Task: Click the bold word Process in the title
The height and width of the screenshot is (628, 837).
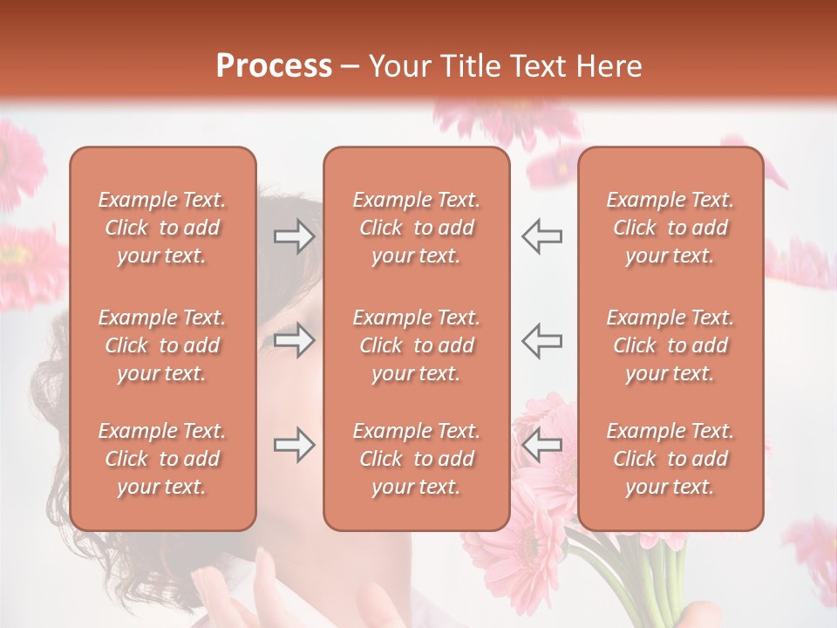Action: (x=274, y=66)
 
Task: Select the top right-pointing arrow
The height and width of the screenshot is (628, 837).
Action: (x=294, y=236)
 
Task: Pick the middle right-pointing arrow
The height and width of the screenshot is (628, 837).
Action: (x=294, y=340)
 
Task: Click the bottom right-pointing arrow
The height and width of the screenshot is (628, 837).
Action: (x=294, y=445)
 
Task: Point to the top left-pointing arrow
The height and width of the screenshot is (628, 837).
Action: (x=541, y=236)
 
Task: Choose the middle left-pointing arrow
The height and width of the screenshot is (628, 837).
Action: (x=541, y=340)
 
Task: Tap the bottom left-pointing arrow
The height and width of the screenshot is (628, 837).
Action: (x=541, y=445)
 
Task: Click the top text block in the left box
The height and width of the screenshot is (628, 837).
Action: (x=162, y=228)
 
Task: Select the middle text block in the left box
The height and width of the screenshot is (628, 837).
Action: (x=162, y=345)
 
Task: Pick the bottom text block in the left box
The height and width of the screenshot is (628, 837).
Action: (x=162, y=459)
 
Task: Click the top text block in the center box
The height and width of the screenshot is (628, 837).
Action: (x=416, y=228)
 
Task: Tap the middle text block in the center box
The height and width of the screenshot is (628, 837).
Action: (x=416, y=345)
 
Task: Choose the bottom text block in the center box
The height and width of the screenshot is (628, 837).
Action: (x=416, y=459)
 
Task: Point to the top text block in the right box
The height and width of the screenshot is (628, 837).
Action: (x=670, y=228)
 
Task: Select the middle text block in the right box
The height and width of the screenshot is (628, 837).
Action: (x=670, y=345)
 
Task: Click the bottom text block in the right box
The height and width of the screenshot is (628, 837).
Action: (x=670, y=459)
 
